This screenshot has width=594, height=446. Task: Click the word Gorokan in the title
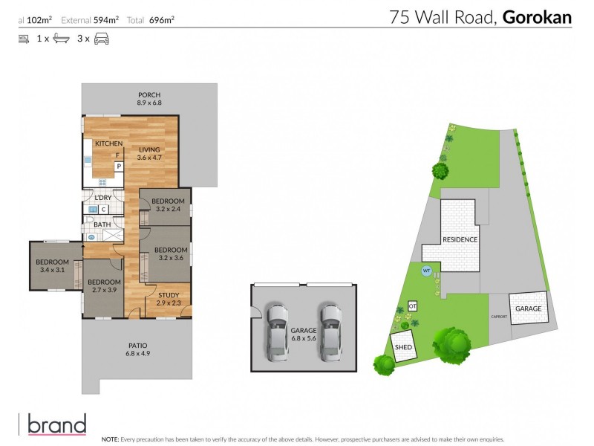click(x=537, y=17)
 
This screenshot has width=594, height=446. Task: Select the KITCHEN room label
click(x=108, y=143)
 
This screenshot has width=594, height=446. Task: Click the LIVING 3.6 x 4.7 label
click(x=149, y=153)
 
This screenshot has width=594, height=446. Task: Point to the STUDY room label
click(x=169, y=299)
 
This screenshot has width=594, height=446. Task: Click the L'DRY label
click(x=103, y=197)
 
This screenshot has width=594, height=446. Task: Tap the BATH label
click(x=102, y=224)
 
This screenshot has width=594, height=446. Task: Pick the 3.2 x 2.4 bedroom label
click(x=169, y=205)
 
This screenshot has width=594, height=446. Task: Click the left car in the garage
click(x=277, y=332)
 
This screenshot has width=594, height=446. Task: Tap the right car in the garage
click(x=329, y=332)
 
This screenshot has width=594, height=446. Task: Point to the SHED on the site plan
click(x=403, y=347)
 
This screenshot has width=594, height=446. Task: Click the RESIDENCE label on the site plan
click(x=460, y=240)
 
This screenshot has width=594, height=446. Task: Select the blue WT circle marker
click(x=426, y=271)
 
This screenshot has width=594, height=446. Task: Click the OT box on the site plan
click(x=414, y=306)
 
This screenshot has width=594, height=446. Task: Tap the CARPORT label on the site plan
click(x=499, y=317)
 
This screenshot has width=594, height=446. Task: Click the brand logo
click(x=56, y=424)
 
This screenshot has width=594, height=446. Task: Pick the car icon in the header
click(x=102, y=39)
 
